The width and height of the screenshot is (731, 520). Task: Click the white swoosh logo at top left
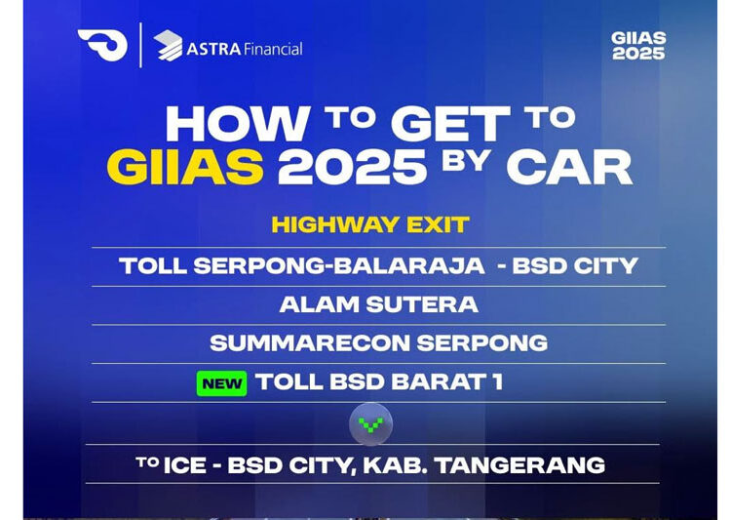point(102,45)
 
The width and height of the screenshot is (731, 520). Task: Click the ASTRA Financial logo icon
point(169,46)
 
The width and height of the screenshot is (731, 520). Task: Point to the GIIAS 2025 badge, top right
point(638,45)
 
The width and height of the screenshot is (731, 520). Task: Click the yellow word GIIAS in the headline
point(185,167)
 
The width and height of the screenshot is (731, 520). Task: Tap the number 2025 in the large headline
point(353,167)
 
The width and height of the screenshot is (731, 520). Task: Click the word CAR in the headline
point(569,167)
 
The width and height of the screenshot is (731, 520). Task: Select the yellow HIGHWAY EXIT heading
point(370,224)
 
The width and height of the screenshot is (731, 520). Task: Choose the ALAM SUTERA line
point(379,304)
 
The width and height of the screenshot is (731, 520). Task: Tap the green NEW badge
point(221,383)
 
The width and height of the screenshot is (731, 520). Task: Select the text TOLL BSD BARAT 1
point(379,382)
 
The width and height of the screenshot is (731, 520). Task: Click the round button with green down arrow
point(370,424)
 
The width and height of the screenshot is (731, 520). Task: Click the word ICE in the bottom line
point(186,465)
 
